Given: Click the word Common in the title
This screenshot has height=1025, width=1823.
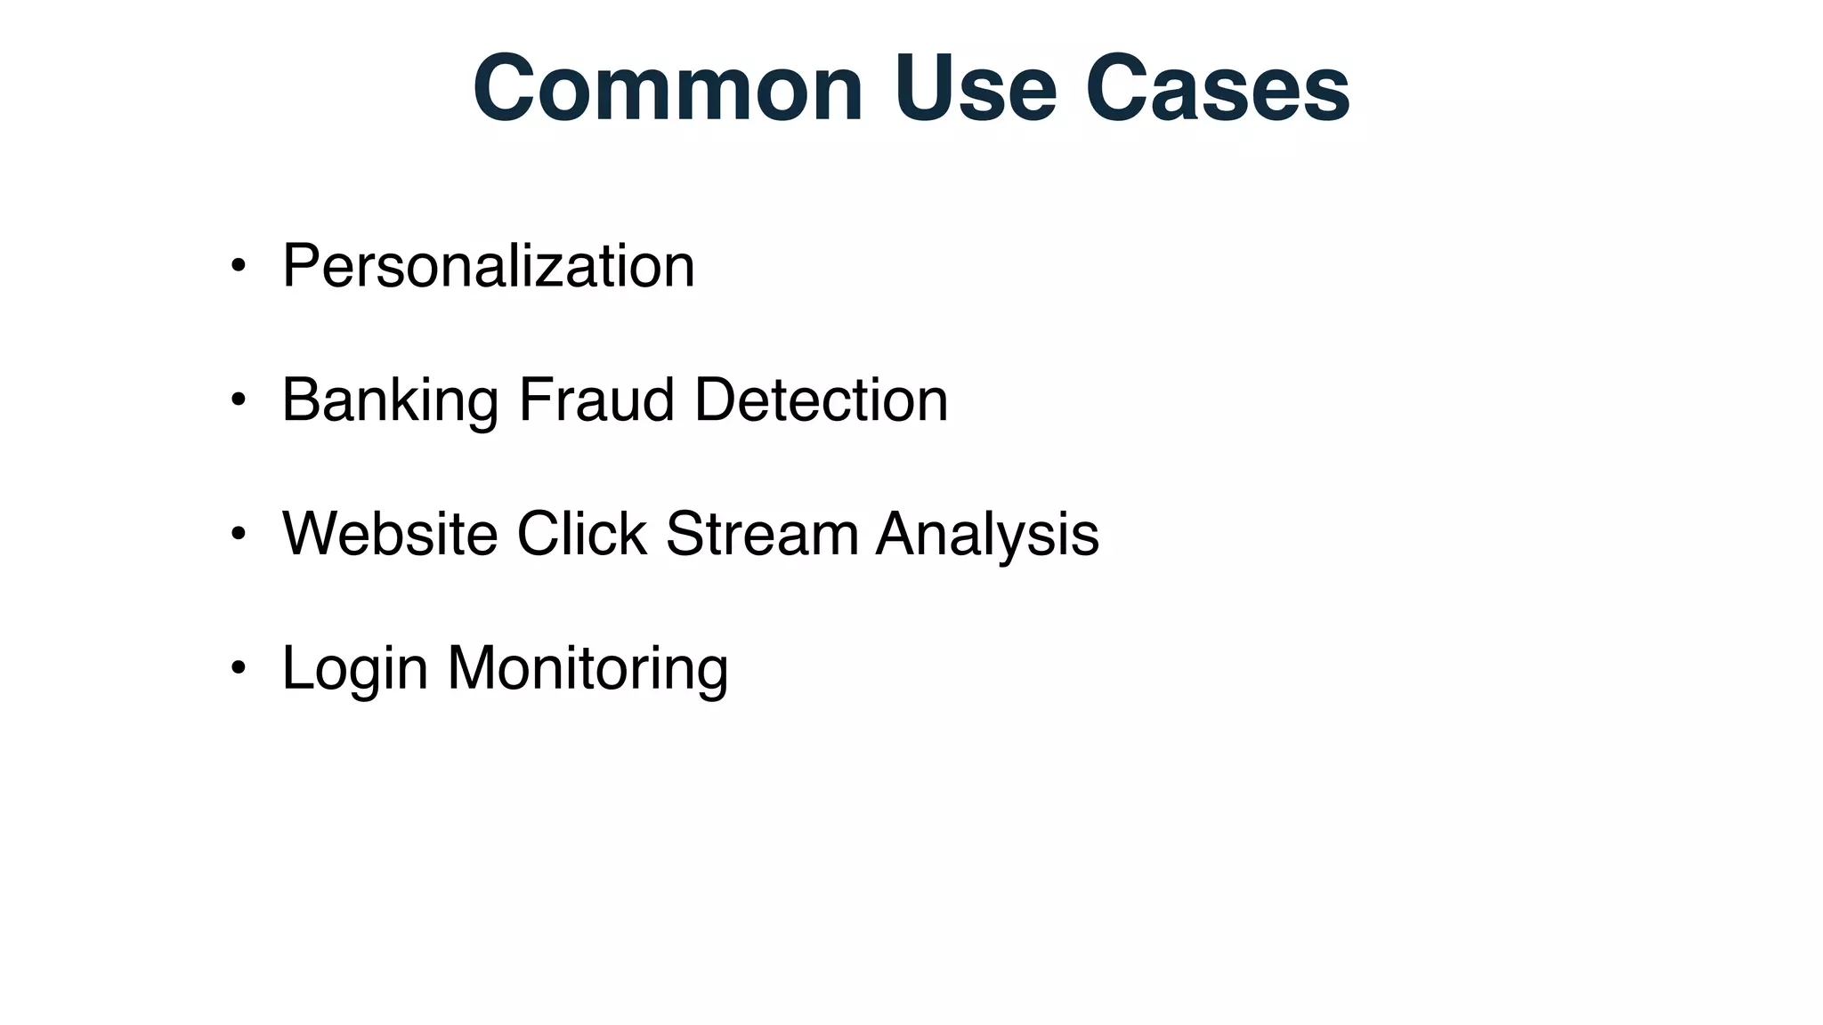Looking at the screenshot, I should [668, 89].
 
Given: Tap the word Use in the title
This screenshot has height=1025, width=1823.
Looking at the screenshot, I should [975, 89].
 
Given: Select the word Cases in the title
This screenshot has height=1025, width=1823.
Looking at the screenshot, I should [1217, 89].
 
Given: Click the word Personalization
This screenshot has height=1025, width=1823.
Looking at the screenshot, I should [488, 266].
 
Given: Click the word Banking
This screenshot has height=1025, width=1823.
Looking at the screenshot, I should [390, 400].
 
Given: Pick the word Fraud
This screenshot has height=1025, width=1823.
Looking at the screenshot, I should [596, 400].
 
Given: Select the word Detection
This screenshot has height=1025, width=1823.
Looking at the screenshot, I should [821, 400].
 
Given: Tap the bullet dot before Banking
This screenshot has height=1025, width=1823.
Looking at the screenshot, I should [238, 400].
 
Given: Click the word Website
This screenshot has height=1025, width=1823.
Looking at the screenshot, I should [389, 534].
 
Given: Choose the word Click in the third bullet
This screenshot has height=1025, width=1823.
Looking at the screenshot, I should [581, 534].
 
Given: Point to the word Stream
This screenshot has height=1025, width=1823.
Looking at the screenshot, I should [762, 534].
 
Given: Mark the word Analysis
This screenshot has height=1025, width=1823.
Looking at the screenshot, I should [987, 535].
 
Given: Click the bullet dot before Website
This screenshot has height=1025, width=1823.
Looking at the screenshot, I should [238, 534].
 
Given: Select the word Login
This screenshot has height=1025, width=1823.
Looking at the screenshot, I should [354, 669].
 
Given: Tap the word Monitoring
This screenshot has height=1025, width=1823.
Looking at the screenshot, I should [587, 669].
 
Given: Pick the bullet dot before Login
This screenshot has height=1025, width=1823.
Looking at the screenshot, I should [238, 667].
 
